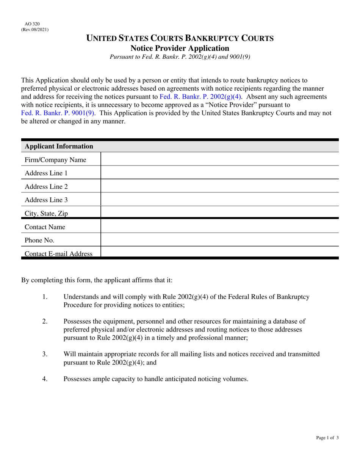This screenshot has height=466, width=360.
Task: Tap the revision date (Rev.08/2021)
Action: [x=35, y=30]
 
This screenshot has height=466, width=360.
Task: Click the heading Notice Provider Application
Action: [x=180, y=48]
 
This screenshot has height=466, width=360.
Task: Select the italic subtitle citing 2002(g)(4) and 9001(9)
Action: [x=180, y=57]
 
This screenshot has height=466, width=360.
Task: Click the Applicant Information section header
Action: [x=59, y=146]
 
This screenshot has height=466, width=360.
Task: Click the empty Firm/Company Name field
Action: [x=219, y=160]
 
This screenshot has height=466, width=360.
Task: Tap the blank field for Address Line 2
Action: [x=219, y=186]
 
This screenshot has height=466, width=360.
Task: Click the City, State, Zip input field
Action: [x=219, y=213]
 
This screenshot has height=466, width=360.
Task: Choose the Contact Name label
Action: [x=45, y=227]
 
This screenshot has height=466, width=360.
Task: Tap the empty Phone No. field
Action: [x=219, y=240]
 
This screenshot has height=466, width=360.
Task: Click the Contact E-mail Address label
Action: [x=58, y=254]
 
